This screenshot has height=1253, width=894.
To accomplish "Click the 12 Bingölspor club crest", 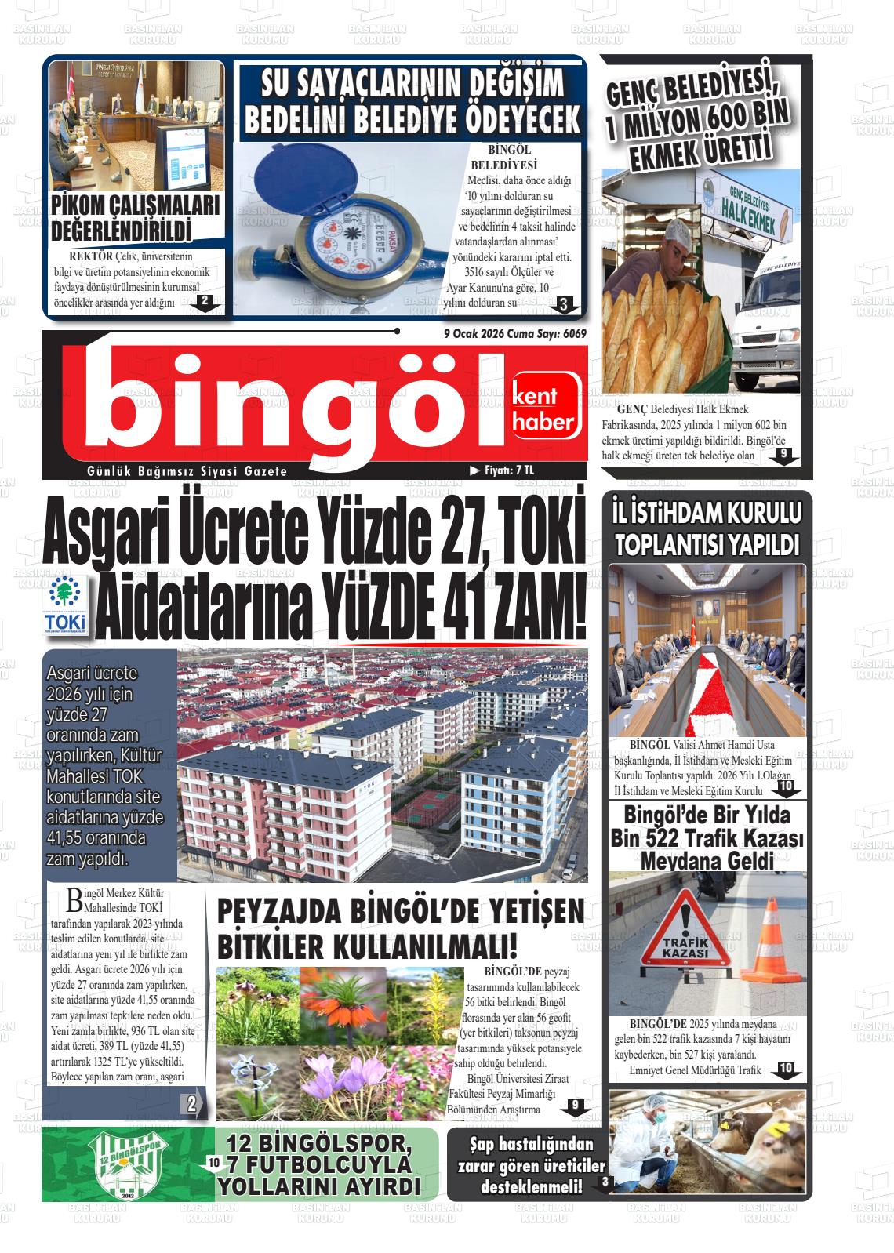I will pos(128,1164).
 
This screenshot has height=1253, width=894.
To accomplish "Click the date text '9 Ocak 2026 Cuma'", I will pos(488,333).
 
